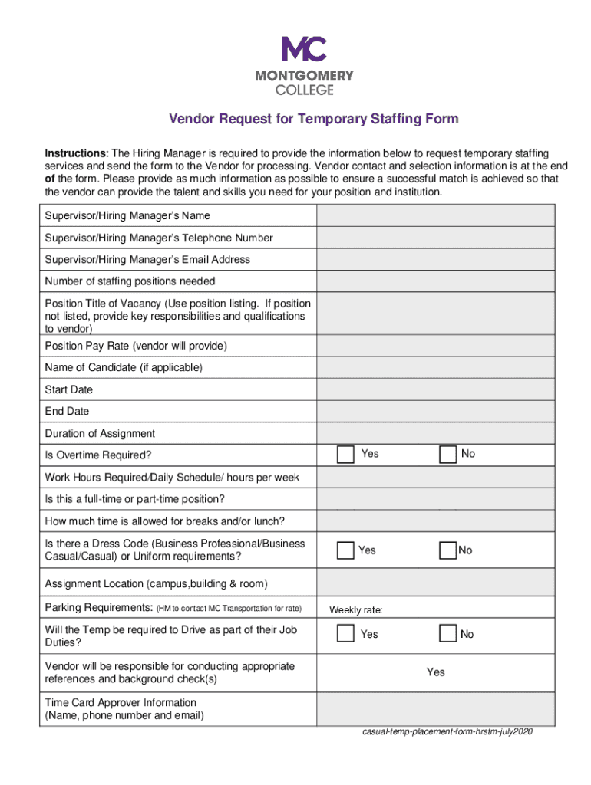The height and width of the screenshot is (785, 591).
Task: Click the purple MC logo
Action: pyautogui.click(x=304, y=49)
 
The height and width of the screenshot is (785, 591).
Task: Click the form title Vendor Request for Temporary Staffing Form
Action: pyautogui.click(x=313, y=119)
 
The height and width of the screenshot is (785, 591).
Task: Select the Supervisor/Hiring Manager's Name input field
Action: pyautogui.click(x=435, y=215)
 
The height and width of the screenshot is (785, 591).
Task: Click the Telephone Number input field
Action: pyautogui.click(x=435, y=238)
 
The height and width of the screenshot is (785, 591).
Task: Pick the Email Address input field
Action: pyautogui.click(x=435, y=259)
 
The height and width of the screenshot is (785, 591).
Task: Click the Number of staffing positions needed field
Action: pyautogui.click(x=435, y=281)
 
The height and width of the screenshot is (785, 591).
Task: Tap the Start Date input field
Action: pyautogui.click(x=435, y=389)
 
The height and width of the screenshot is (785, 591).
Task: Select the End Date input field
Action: pyautogui.click(x=435, y=411)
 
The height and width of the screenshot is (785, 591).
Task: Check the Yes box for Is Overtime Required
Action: pyautogui.click(x=345, y=455)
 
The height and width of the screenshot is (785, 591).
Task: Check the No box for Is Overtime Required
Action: pyautogui.click(x=447, y=455)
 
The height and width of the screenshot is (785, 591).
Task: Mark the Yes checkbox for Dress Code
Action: pyautogui.click(x=345, y=550)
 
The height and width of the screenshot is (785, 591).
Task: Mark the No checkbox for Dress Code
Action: pyautogui.click(x=447, y=550)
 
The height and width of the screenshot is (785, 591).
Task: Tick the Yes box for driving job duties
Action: pyautogui.click(x=345, y=634)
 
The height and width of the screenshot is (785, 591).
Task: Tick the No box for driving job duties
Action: pyautogui.click(x=447, y=634)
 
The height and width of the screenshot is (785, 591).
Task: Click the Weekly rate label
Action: pyautogui.click(x=356, y=611)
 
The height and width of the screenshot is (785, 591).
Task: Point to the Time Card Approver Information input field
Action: pyautogui.click(x=435, y=709)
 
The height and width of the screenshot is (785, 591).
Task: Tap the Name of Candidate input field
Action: pyautogui.click(x=435, y=367)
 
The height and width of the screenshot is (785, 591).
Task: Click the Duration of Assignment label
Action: pyautogui.click(x=100, y=433)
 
